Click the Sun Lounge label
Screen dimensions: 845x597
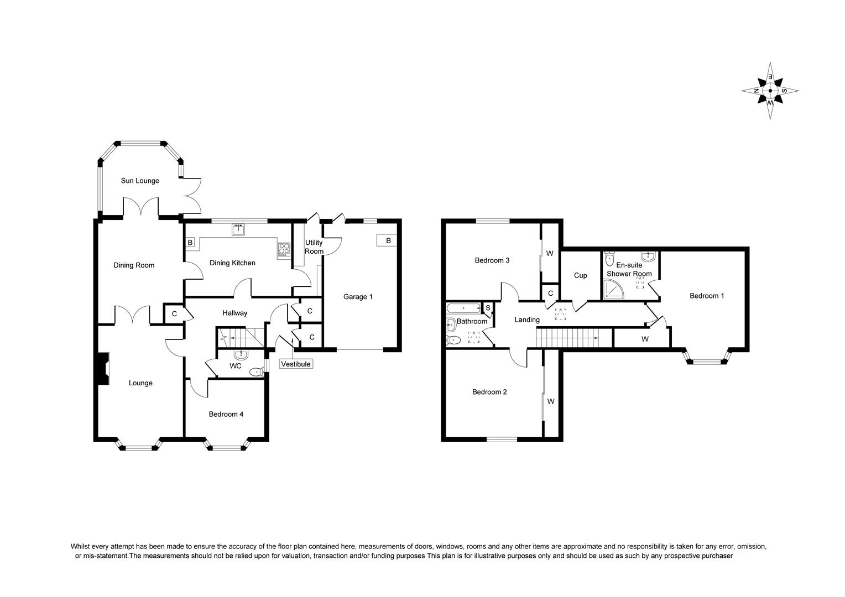coord(140,181)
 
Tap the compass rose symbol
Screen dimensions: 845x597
coord(770,91)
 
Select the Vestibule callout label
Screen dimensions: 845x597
coord(296,364)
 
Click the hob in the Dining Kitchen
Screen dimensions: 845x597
coord(284,249)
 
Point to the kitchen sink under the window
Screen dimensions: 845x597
coord(238,229)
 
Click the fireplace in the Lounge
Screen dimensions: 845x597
coord(103,369)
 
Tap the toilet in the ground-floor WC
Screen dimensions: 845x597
coord(257,373)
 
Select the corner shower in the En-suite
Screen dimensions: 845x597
coord(613,289)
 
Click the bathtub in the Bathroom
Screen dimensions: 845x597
coord(463,308)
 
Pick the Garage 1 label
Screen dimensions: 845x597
coord(358,297)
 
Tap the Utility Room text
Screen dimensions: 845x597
coord(314,247)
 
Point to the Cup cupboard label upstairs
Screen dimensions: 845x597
coord(580,276)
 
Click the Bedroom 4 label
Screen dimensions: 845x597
coord(226,414)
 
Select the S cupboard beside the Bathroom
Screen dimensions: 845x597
coord(488,308)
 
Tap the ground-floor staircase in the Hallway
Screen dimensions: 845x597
coord(241,337)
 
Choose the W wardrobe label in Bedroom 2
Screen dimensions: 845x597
coord(551,402)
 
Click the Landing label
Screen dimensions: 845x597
coord(527,320)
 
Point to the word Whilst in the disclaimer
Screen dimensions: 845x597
coord(80,546)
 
